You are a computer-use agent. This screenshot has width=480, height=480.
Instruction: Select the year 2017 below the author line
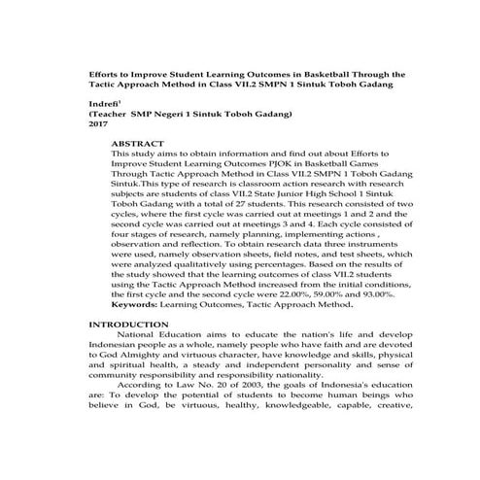(98, 125)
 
